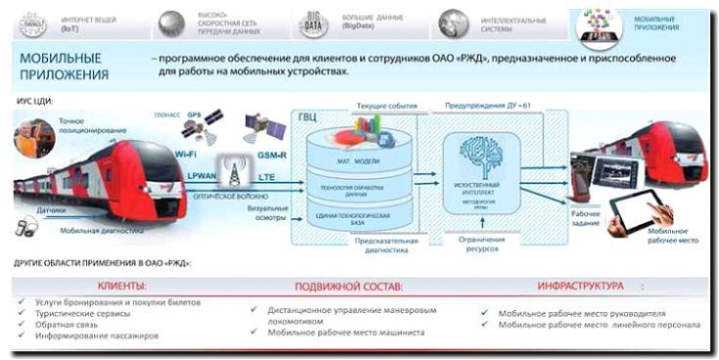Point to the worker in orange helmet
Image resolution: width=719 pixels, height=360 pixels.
[32, 137]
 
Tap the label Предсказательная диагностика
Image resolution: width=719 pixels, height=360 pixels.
[388, 245]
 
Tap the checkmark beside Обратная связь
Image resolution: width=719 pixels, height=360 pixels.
[22, 325]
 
